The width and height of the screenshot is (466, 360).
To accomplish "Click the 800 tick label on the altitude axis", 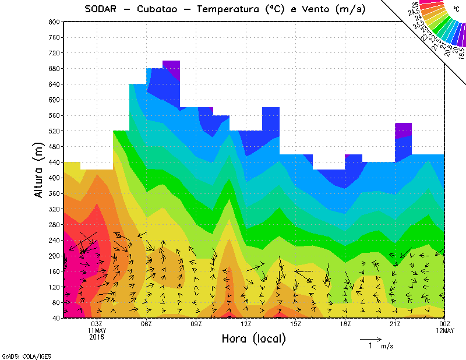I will [x=54, y=22].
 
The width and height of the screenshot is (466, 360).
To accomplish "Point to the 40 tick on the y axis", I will [x=55, y=318].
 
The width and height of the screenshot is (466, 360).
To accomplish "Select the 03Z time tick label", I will [x=97, y=324].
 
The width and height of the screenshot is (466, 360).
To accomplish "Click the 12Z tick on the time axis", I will [x=246, y=324].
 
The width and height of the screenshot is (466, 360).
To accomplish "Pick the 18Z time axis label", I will [x=345, y=324].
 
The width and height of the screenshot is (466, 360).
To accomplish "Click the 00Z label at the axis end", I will [x=445, y=324].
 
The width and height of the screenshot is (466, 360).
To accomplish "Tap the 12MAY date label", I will [x=445, y=331].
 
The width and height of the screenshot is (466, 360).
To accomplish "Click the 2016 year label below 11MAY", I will [x=97, y=337].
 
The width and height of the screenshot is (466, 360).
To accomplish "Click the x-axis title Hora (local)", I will [x=253, y=338].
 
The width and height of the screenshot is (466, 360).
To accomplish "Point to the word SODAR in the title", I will [x=101, y=9].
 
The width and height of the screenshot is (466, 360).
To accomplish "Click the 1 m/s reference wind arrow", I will [x=370, y=338].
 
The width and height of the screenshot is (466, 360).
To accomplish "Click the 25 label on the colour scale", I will [x=415, y=5].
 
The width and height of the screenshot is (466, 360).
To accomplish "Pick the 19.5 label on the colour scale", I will [x=461, y=54].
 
